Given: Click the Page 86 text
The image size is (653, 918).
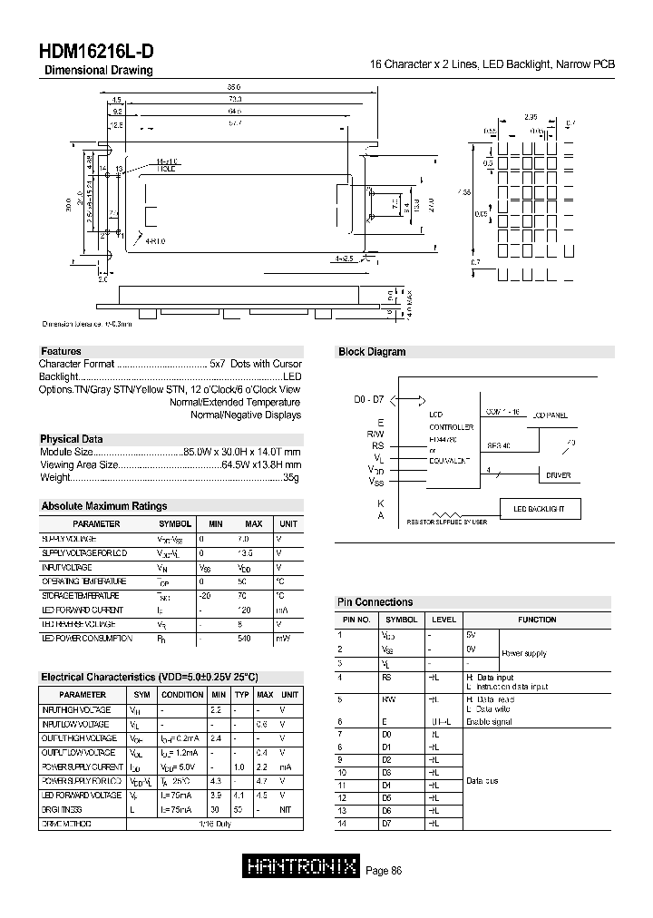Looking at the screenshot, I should [384, 871].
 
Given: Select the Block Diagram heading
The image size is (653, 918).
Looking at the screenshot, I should [372, 352].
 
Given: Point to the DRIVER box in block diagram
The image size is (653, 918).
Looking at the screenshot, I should [558, 474].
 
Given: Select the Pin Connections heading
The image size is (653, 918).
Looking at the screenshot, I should [375, 602].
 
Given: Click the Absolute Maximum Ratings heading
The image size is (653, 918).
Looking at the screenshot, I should [104, 506].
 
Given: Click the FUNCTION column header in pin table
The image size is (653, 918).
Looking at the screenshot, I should [537, 620].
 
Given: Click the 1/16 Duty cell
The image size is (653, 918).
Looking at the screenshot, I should [211, 824].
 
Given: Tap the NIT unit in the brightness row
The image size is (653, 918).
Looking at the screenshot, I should [286, 809].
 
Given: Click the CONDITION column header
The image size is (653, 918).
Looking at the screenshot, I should [182, 695].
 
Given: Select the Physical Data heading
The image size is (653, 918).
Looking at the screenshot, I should [72, 439].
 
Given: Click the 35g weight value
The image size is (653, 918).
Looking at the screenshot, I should [291, 476].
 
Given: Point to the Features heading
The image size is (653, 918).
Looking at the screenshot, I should [61, 351].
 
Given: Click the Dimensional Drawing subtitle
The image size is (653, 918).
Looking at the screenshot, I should [99, 71].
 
